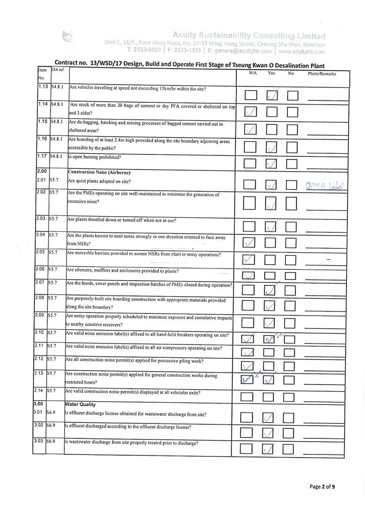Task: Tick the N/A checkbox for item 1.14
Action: point(250,112)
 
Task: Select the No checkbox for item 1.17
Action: point(293,163)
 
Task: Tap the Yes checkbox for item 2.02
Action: point(271,203)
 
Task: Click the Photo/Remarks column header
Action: point(322,74)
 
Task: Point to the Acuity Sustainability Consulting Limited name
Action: point(249,36)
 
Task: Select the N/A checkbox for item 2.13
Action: point(248,380)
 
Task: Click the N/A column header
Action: point(253,73)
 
